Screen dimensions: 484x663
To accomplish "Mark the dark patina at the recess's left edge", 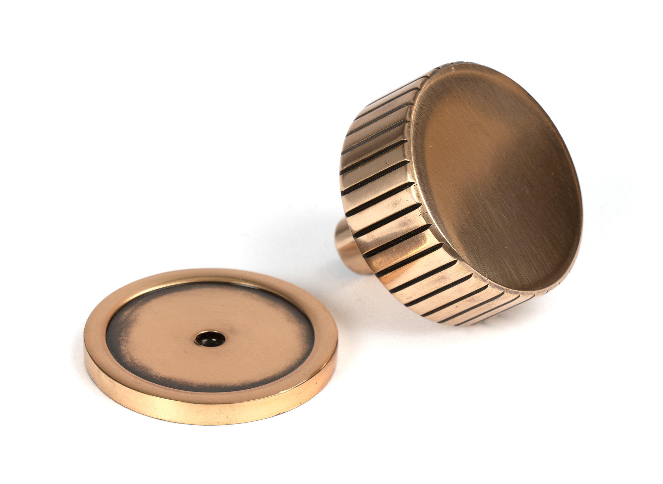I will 114,335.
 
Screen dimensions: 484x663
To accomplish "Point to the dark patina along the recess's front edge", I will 199,381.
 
